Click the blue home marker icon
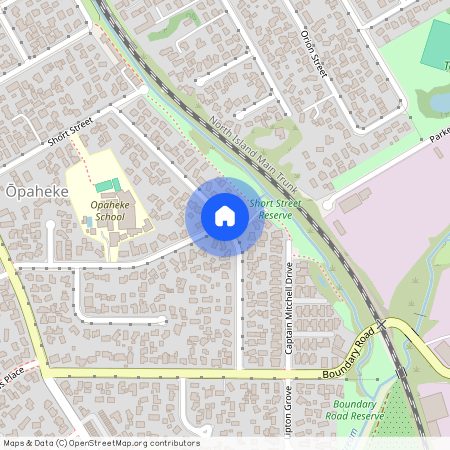[225, 216]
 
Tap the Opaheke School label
[107, 210]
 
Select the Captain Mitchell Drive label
[289, 308]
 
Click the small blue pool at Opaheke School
[88, 221]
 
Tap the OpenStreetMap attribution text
[100, 443]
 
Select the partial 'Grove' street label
[289, 405]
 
